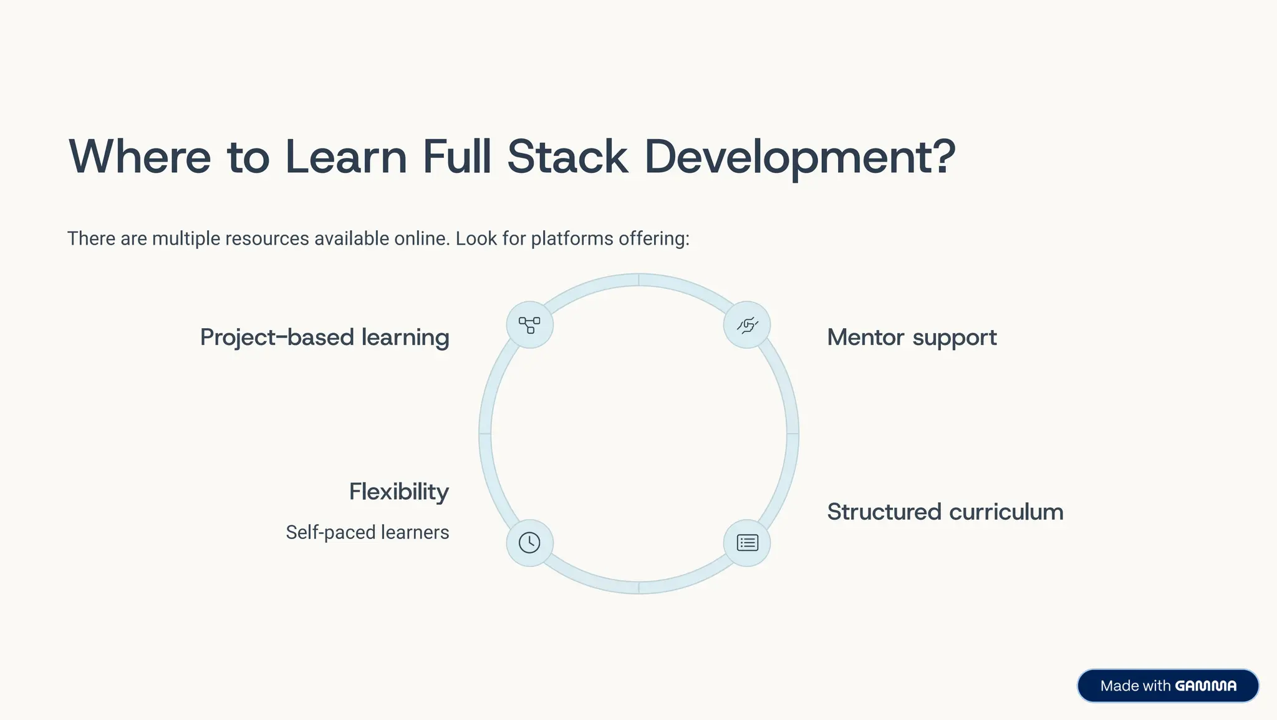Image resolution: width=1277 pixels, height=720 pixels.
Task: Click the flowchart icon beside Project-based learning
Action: [x=529, y=325]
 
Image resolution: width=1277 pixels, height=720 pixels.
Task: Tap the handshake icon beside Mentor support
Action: [x=747, y=325]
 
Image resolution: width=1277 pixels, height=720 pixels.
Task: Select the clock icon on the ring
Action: [x=529, y=542]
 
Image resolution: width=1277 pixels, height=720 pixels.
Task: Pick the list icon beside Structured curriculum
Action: [x=747, y=542]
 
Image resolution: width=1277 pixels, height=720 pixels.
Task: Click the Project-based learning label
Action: [x=324, y=338]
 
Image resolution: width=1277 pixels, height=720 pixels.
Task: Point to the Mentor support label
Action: [x=912, y=338]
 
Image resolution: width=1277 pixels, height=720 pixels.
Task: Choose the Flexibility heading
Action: [x=398, y=492]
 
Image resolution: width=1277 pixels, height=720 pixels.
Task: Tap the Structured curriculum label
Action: [x=945, y=512]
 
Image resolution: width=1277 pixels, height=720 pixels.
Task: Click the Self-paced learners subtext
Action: [x=367, y=532]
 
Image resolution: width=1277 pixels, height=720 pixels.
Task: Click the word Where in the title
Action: [x=140, y=157]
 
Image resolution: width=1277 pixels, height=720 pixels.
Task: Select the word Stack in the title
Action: [x=567, y=157]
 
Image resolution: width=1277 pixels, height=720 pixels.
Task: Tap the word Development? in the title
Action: [x=799, y=157]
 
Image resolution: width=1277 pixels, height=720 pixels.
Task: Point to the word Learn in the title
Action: [x=346, y=157]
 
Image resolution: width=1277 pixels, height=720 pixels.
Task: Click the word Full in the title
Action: [x=456, y=157]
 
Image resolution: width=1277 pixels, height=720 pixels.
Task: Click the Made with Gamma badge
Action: [x=1167, y=686]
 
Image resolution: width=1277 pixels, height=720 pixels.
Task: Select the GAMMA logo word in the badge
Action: [x=1205, y=686]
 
